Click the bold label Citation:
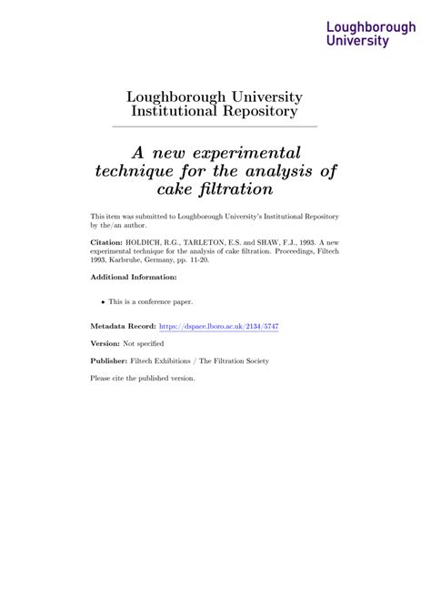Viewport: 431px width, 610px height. coord(108,244)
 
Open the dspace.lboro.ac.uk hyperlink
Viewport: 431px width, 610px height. coord(218,325)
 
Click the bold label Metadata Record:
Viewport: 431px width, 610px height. coord(123,325)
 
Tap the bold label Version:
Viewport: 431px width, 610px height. coord(105,343)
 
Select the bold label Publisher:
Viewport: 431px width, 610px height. coord(109,361)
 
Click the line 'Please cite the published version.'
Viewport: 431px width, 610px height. coord(143,378)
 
